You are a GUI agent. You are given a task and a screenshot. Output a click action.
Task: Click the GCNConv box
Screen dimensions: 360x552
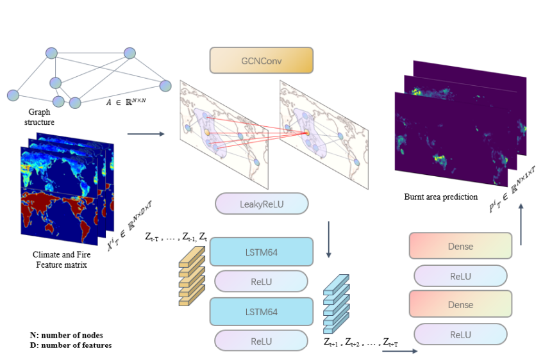pos(261,60)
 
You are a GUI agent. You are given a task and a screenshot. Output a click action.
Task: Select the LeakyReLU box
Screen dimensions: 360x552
pos(262,204)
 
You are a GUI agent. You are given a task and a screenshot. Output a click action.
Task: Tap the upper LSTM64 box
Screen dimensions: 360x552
pos(262,252)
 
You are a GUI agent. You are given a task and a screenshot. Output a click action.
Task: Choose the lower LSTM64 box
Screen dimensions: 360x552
pos(262,311)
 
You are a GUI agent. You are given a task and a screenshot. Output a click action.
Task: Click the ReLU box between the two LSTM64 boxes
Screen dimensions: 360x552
pos(262,281)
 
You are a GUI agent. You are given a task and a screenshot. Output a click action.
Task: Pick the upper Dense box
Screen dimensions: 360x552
pos(460,246)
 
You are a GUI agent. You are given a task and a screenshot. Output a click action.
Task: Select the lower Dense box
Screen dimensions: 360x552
pos(460,304)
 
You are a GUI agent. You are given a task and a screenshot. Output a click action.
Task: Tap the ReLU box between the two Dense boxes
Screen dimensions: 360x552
pos(460,276)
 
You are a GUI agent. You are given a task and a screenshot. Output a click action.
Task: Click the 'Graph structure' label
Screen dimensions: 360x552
pos(39,117)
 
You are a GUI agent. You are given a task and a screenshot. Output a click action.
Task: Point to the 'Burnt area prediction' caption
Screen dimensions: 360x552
pos(441,197)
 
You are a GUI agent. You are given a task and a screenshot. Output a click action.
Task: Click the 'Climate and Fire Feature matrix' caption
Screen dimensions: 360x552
pos(62,259)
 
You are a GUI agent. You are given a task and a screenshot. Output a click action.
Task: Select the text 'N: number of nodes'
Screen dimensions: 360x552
pos(66,335)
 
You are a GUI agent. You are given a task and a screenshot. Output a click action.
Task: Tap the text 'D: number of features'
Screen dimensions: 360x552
pos(71,345)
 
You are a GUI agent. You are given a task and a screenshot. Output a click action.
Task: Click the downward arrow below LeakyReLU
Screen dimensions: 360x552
pos(328,240)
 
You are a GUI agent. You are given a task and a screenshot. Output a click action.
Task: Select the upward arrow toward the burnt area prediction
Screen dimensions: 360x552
pos(521,224)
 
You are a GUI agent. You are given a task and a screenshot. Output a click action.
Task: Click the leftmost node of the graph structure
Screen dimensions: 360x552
pos(13,95)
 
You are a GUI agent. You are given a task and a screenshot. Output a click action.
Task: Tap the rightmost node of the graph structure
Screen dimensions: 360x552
pos(165,86)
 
